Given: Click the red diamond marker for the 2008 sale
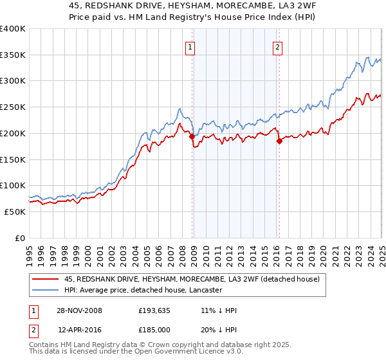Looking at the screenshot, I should (x=192, y=136).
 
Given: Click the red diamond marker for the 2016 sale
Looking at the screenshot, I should (x=279, y=141).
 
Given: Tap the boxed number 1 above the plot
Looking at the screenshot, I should (x=191, y=46).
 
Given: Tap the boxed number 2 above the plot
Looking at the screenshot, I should (x=277, y=46).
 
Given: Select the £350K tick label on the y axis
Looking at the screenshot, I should (x=13, y=55).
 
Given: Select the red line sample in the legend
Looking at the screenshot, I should (x=46, y=279).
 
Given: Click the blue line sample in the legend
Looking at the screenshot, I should (x=46, y=291).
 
